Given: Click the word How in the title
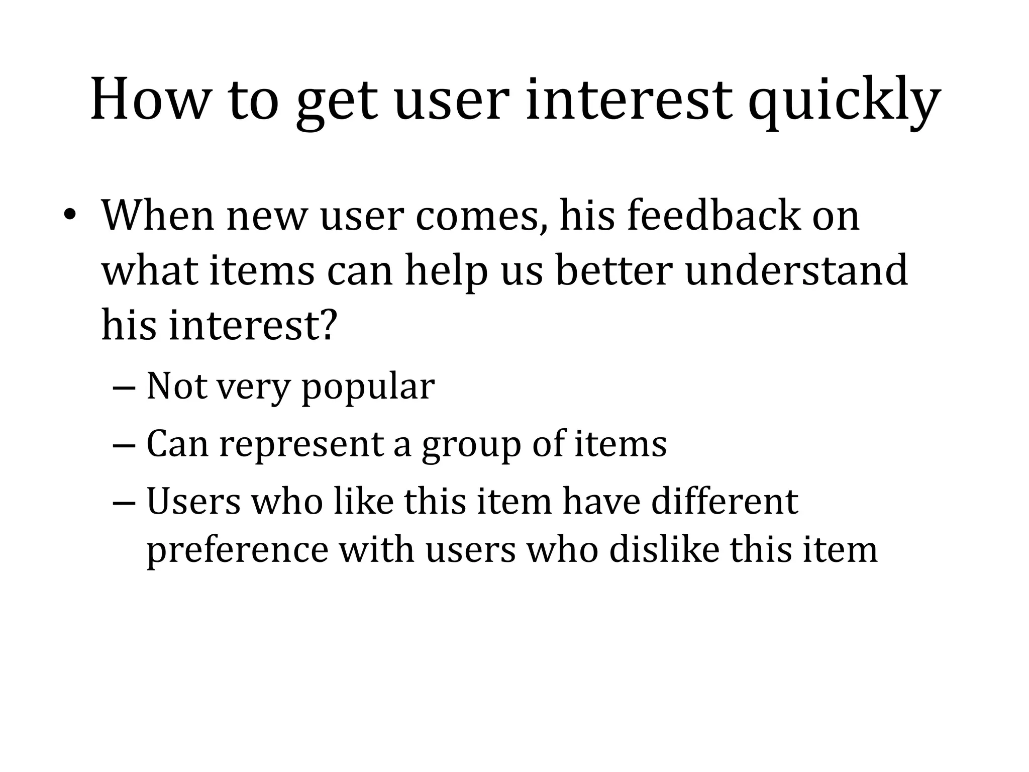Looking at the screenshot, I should pos(149,100).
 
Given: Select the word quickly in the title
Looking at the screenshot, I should pos(844,103).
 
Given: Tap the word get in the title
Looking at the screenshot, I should pos(336,103).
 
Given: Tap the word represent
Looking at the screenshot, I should pos(301,445).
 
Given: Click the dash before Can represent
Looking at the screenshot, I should pos(124,445).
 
